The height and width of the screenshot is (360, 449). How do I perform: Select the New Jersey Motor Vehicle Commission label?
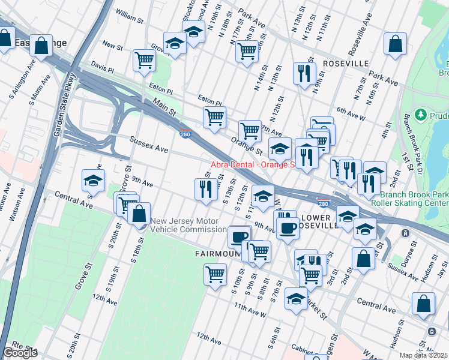[x=188, y=225]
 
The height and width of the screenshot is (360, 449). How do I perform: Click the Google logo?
[x=20, y=353]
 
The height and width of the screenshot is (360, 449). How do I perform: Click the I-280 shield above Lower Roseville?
[x=323, y=204]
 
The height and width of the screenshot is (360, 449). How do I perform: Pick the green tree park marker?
[x=421, y=114]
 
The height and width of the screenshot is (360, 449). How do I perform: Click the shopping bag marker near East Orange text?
[x=41, y=45]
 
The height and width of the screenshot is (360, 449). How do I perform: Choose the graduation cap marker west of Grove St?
[x=93, y=179]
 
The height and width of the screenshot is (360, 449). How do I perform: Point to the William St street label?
[x=129, y=16]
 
